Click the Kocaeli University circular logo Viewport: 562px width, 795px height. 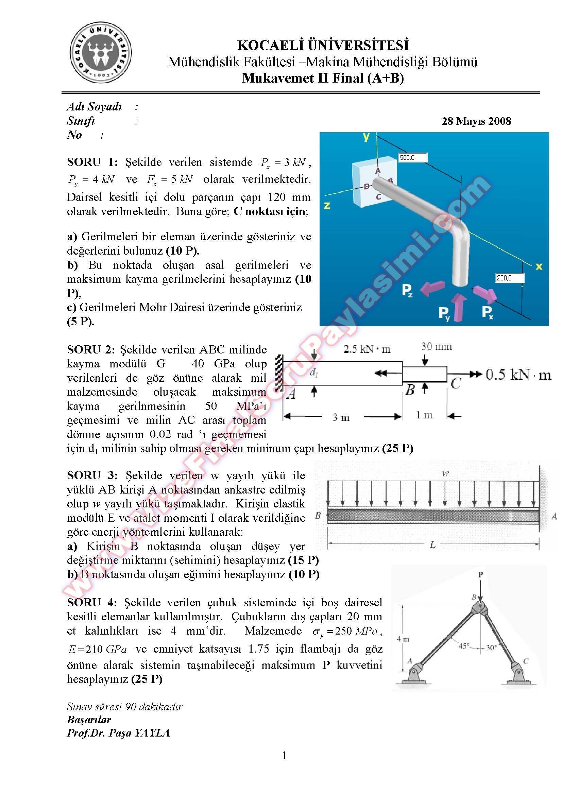(x=100, y=53)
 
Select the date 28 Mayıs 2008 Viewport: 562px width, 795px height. (x=476, y=121)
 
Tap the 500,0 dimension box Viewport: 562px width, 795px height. (x=413, y=158)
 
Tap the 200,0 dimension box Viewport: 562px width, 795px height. (x=510, y=278)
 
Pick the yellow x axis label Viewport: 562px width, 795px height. (x=539, y=266)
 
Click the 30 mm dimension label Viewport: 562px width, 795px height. (x=436, y=347)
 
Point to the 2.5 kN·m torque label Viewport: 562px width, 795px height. (x=367, y=349)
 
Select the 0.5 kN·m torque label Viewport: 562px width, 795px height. (x=518, y=374)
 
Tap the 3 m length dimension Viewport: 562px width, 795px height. (x=341, y=417)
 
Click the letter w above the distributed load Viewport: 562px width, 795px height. (x=445, y=473)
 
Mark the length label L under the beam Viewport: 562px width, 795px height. (x=432, y=545)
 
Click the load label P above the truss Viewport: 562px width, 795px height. (x=480, y=575)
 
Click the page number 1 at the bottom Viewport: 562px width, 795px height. (x=284, y=756)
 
